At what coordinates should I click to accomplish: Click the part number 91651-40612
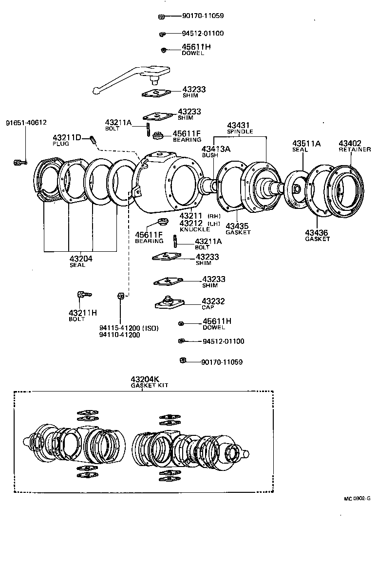point(26,123)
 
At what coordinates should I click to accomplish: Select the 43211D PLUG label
point(67,140)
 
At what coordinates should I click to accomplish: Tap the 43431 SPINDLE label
point(239,128)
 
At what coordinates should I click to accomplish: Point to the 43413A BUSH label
point(216,151)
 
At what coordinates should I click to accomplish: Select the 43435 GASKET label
point(238,229)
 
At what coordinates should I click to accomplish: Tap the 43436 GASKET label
point(317,236)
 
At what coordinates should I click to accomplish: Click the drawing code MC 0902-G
point(357,498)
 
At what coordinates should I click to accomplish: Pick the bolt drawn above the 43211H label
point(84,294)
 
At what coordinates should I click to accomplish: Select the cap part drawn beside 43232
point(169,303)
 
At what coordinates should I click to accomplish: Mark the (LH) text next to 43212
point(214,223)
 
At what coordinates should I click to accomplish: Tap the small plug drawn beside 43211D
point(92,141)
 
